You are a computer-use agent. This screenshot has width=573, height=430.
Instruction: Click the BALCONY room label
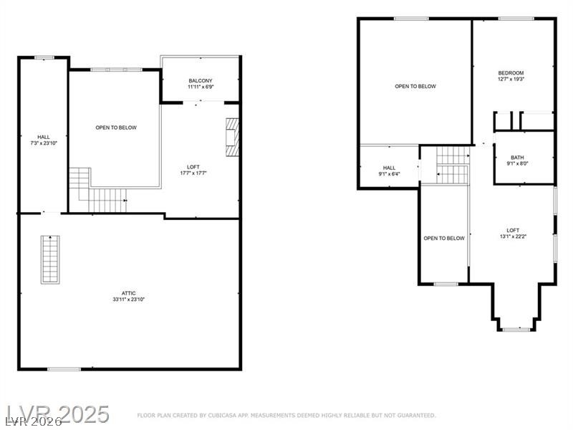[201, 80]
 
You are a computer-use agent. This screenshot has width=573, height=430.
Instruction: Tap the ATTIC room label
[129, 293]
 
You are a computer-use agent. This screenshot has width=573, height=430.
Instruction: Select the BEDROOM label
[511, 73]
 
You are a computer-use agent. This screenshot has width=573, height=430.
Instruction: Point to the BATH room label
[517, 158]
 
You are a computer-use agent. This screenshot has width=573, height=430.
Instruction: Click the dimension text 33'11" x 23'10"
[129, 300]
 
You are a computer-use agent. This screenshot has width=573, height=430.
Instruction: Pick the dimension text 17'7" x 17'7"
[193, 173]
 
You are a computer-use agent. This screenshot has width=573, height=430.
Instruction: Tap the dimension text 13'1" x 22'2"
[513, 236]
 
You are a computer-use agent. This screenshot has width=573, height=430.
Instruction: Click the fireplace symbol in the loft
[232, 138]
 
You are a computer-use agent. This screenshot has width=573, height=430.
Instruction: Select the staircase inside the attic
[50, 259]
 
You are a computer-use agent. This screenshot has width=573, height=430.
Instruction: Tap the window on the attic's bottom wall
[64, 369]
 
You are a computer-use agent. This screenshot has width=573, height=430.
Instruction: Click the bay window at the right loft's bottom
[516, 330]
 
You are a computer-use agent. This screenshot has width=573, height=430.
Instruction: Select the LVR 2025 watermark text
[58, 415]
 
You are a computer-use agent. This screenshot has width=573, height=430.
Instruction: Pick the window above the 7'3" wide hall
[44, 57]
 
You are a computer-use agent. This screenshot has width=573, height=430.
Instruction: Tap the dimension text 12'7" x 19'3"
[511, 79]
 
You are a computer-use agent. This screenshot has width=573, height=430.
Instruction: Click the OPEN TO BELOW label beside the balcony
[116, 128]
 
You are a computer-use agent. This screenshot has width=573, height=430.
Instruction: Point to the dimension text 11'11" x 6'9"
[201, 87]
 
